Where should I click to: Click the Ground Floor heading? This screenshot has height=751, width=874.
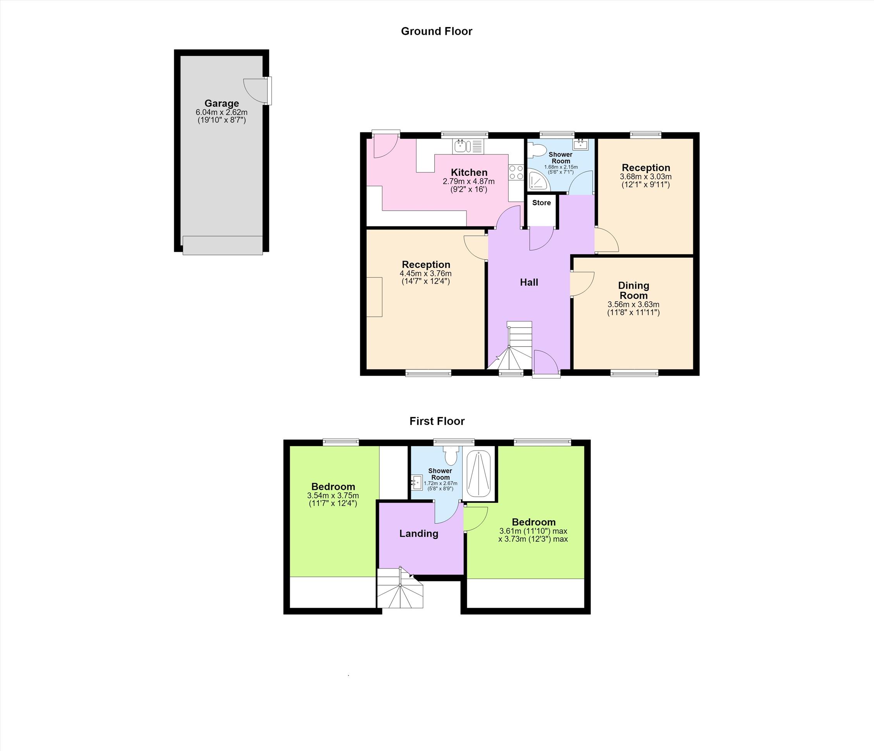pos(437,31)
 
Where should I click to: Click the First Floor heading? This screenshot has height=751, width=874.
pos(437,421)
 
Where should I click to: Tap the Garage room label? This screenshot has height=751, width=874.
pos(222,103)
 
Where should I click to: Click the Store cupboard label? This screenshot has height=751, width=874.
pos(541,203)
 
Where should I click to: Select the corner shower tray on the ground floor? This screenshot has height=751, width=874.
pos(539,180)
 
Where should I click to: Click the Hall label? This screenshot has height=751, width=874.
pos(529,282)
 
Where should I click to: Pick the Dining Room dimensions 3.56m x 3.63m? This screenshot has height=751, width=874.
pos(633,304)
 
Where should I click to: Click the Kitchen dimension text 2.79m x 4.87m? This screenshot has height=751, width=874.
pos(469,182)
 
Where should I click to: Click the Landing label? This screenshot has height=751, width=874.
pos(419,533)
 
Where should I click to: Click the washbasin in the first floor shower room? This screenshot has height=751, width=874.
pos(417,482)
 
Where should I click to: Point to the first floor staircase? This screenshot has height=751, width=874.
pos(400,588)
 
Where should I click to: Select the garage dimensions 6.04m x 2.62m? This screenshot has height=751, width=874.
pos(222,113)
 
